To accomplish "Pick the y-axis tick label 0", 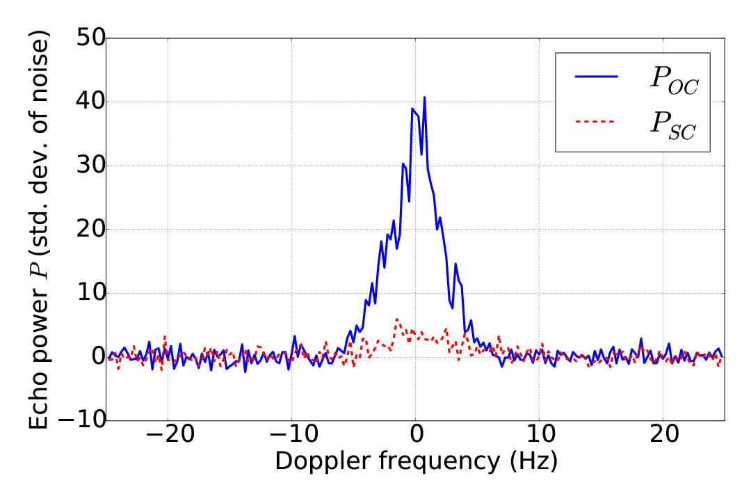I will (94, 357).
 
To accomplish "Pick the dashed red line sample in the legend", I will (597, 122).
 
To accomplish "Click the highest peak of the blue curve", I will (424, 97).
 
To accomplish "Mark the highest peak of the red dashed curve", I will (397, 319).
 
